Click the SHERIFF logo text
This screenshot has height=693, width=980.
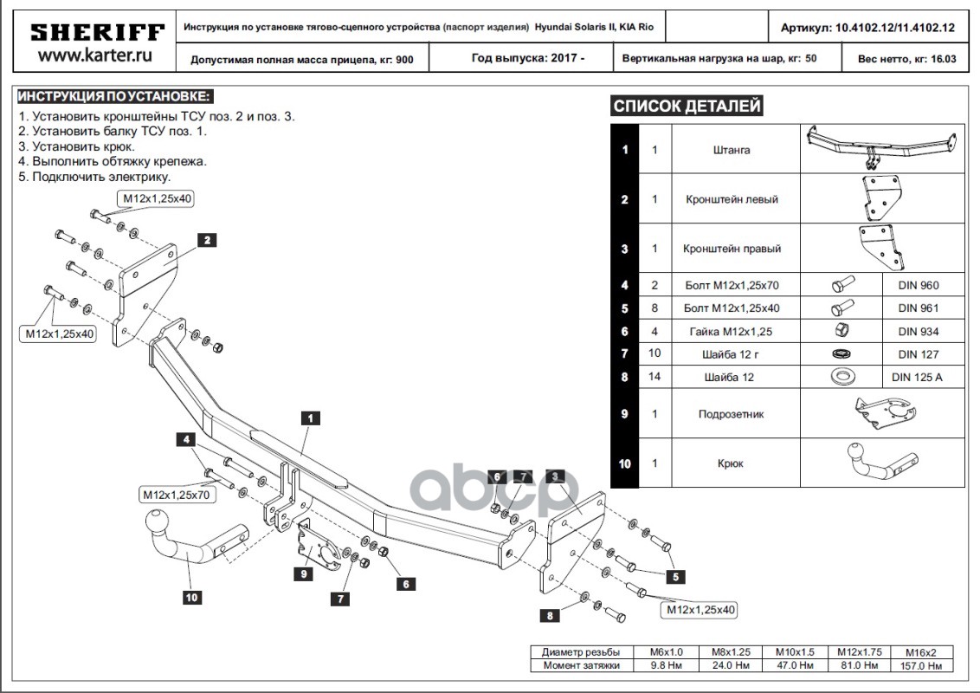click(x=97, y=33)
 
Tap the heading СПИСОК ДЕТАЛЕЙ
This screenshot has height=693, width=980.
click(x=687, y=107)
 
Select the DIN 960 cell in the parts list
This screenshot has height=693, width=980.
click(x=918, y=285)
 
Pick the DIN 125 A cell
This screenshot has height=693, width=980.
click(x=918, y=377)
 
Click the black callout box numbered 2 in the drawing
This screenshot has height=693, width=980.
click(x=206, y=241)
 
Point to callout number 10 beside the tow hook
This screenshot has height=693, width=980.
click(x=191, y=596)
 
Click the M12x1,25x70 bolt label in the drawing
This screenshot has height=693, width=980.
click(x=175, y=495)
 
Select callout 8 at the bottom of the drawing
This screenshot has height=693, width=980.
click(x=549, y=615)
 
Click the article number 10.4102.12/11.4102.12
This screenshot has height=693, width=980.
click(x=895, y=28)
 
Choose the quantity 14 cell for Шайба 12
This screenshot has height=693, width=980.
click(x=654, y=377)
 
